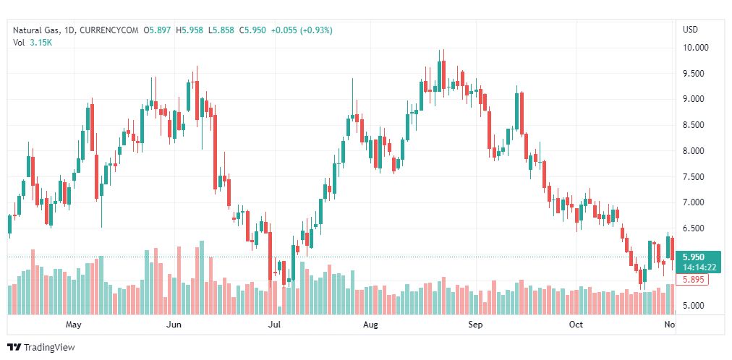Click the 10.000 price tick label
(696, 48)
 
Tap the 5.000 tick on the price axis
(694, 305)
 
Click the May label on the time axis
(72, 325)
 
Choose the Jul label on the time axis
(274, 325)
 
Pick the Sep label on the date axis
(475, 325)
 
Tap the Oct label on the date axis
(576, 325)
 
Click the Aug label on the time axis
(371, 325)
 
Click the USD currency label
(690, 30)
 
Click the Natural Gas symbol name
(36, 30)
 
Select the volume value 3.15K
(41, 43)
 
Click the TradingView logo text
(48, 348)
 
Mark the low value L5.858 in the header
(221, 30)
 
